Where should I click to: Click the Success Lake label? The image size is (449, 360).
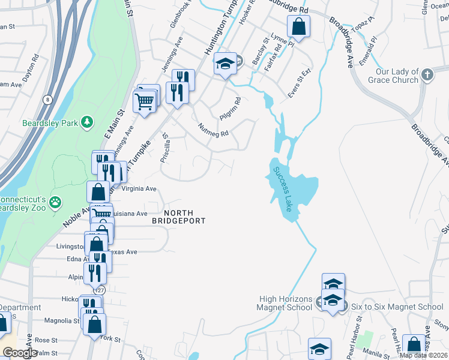tap(283, 188)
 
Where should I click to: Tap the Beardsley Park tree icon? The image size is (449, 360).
tap(88, 122)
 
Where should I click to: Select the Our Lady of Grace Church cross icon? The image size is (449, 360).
tap(427, 75)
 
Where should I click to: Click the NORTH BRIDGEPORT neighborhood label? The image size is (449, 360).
tap(179, 217)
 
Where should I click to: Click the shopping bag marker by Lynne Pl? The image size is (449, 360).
tap(298, 26)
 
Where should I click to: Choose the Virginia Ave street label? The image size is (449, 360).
tap(139, 188)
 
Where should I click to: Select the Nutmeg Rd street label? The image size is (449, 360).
tap(214, 129)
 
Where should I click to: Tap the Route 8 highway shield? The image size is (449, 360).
tap(48, 99)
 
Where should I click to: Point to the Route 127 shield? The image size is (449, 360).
tap(100, 290)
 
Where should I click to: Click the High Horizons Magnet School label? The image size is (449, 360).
tap(285, 303)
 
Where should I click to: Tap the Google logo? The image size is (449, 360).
tap(20, 353)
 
